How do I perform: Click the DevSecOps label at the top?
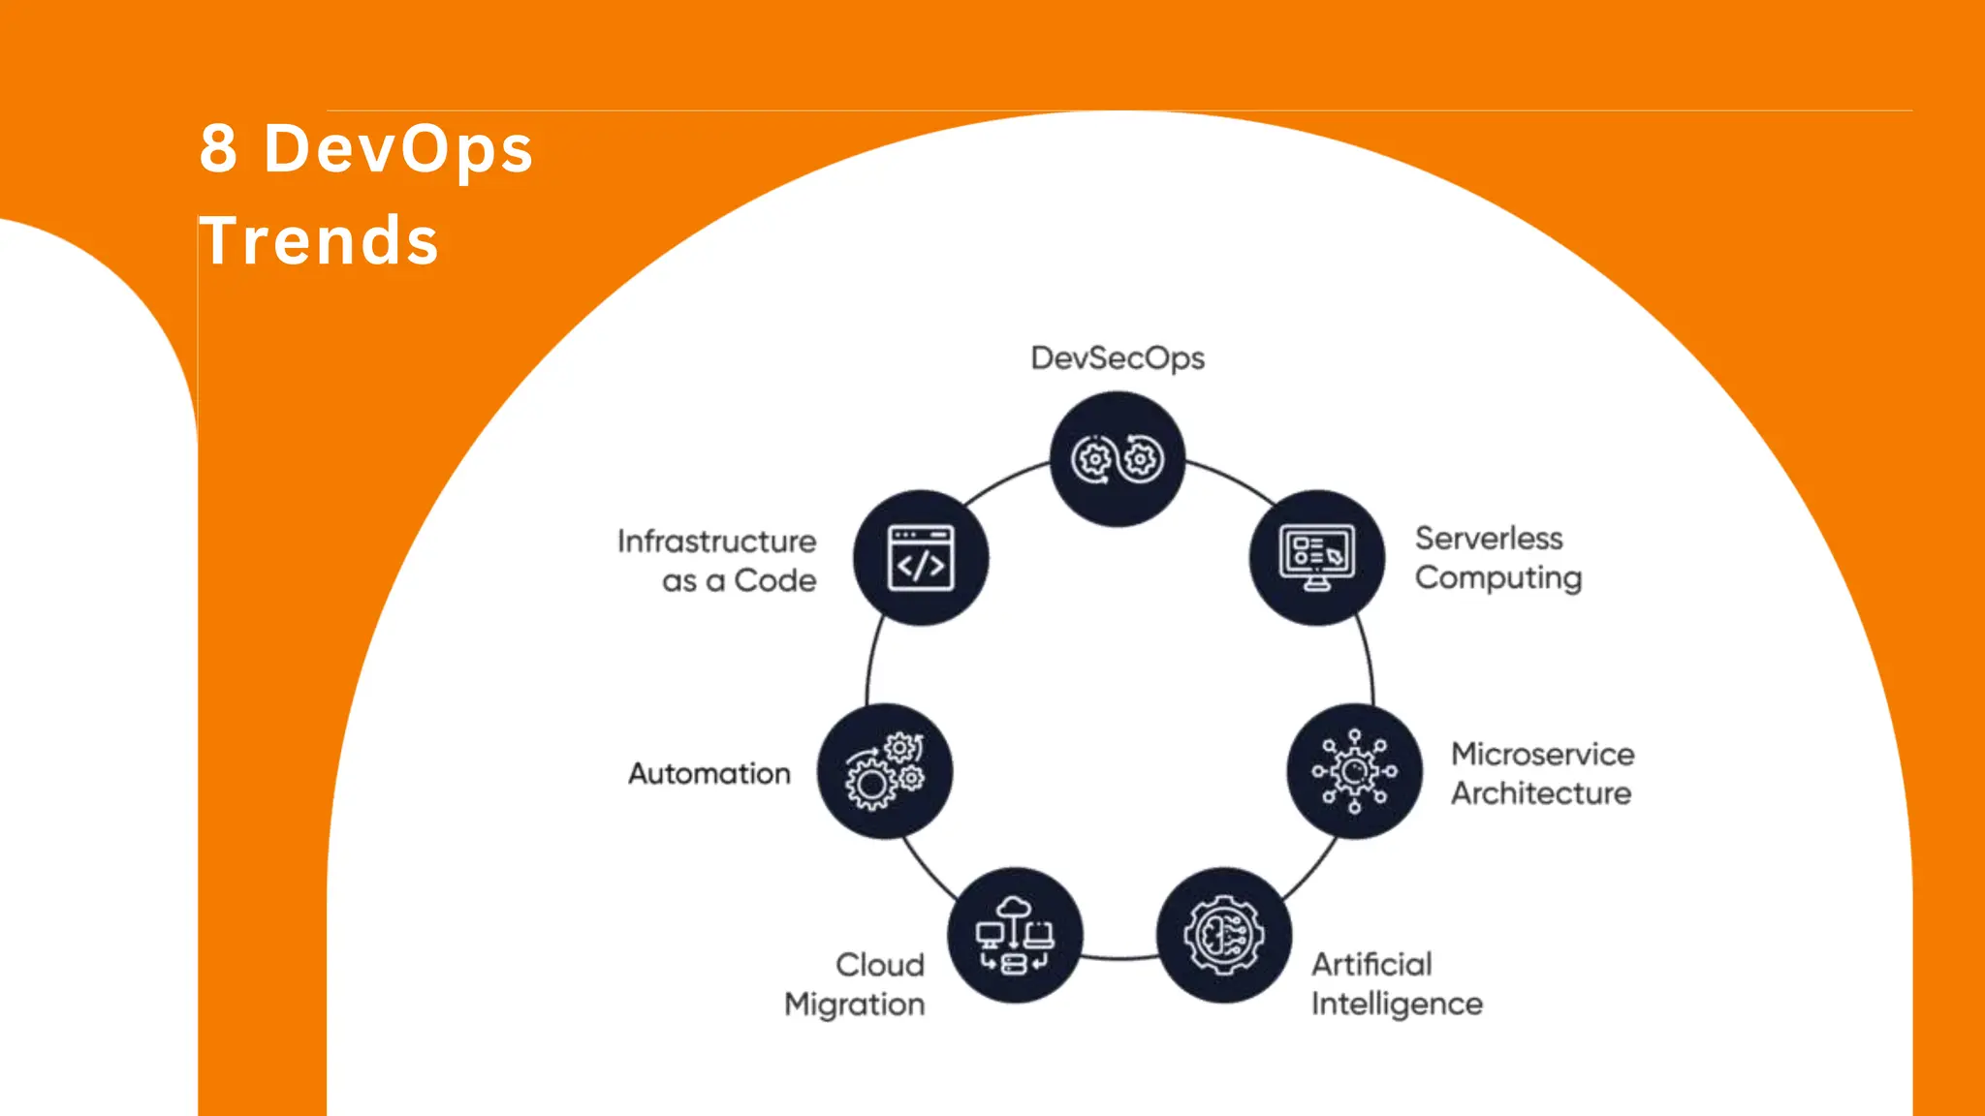(1118, 358)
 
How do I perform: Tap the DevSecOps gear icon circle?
(1118, 459)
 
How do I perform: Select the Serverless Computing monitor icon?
(1316, 558)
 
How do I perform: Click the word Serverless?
(1489, 538)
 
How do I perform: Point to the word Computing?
(1498, 578)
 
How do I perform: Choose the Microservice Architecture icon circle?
(1354, 771)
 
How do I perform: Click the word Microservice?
(1542, 754)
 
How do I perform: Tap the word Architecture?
(1541, 793)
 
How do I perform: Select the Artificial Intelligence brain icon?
(1223, 935)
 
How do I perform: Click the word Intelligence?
(1397, 1004)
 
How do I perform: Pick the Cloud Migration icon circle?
(1014, 935)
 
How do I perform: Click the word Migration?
(854, 1005)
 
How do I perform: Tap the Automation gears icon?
(884, 771)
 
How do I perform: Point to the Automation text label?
(709, 773)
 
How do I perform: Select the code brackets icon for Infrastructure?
(921, 558)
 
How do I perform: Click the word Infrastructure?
(716, 541)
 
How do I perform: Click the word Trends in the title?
(320, 240)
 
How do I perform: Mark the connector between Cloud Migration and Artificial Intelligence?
(1119, 958)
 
